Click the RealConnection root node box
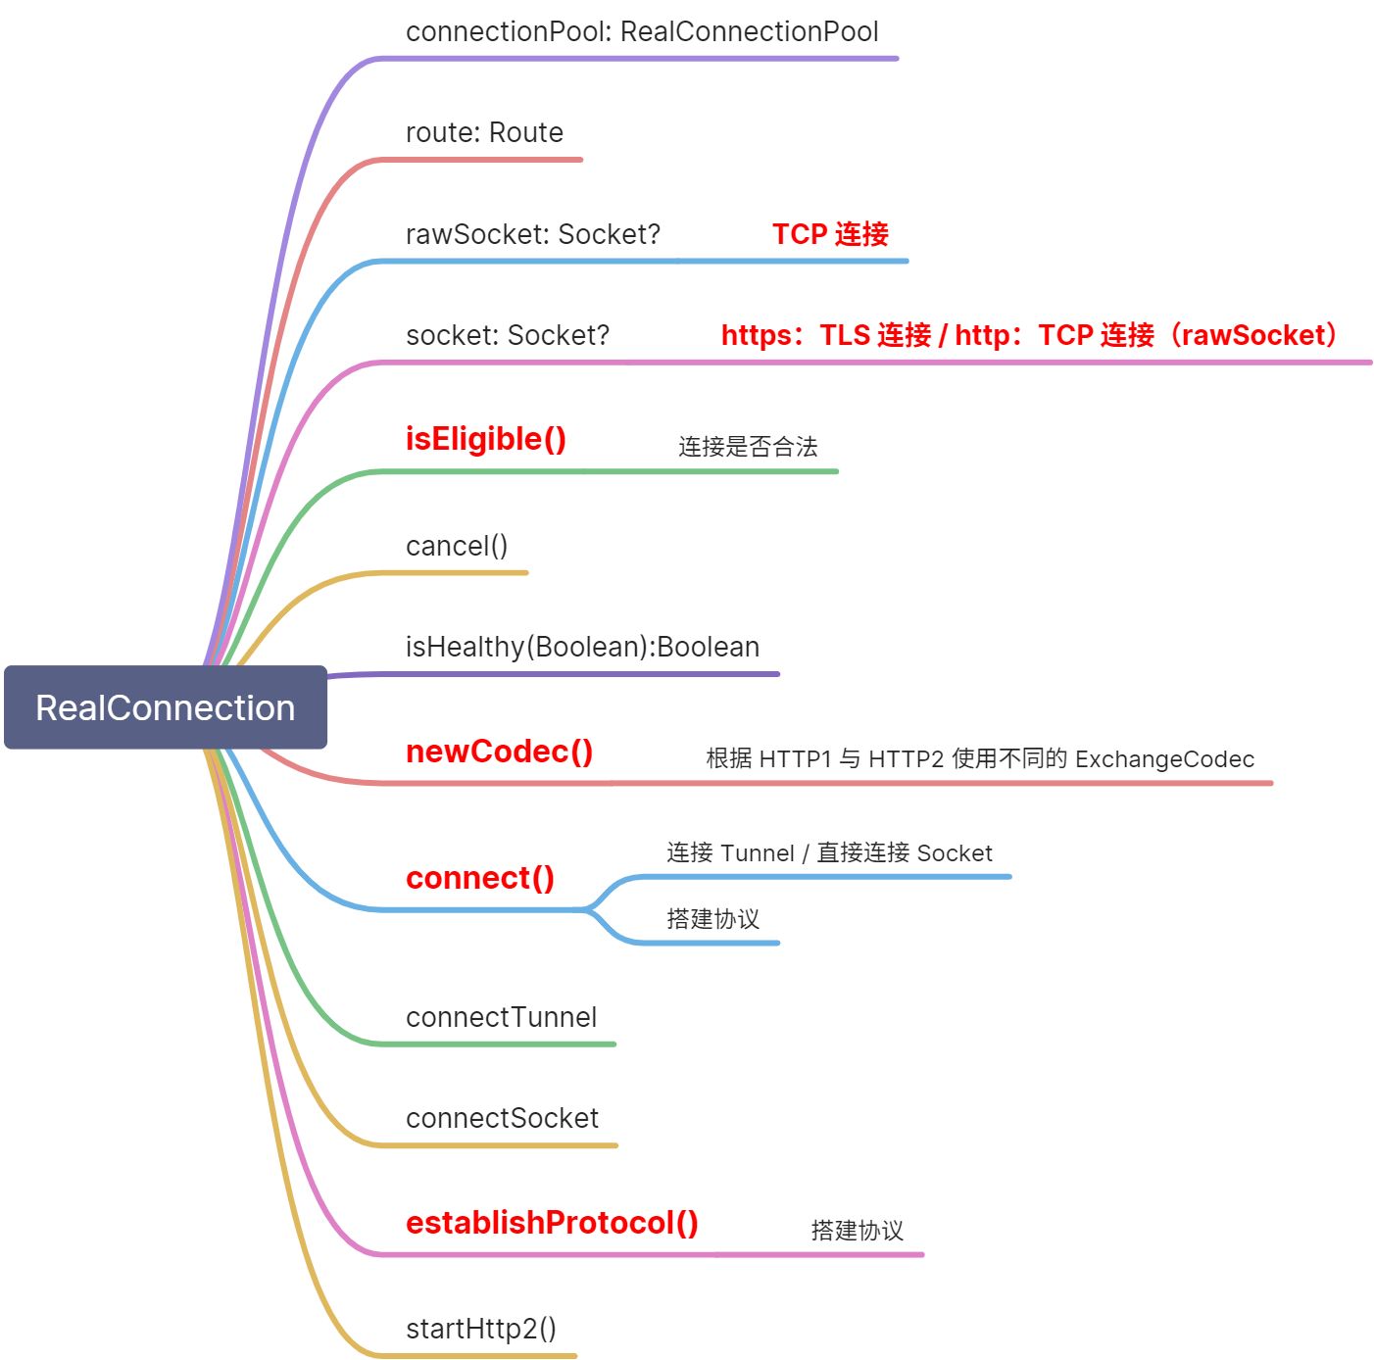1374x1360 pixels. coord(165,707)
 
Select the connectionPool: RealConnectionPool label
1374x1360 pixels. coord(642,31)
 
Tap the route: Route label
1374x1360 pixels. coord(484,132)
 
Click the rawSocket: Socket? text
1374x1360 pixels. coord(533,234)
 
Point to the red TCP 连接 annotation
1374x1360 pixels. coord(830,234)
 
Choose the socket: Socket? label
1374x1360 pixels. coord(508,335)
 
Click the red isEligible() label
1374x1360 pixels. coord(486,439)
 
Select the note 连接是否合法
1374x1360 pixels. coord(748,447)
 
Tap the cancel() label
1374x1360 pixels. coord(457,546)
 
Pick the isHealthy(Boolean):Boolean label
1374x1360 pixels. coord(582,647)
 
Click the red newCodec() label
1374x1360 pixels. coord(499,752)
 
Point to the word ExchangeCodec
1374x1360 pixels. coord(1164,759)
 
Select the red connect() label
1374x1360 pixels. coord(480,878)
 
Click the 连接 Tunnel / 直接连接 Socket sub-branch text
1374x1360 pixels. coord(829,852)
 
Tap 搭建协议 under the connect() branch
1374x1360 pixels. coord(712,919)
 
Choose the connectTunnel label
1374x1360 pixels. coord(501,1017)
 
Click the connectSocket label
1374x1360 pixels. coord(502,1118)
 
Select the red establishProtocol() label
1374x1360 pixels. coord(552,1223)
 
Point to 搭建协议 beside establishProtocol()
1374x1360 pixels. coord(857,1231)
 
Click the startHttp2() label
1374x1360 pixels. coord(480,1329)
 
